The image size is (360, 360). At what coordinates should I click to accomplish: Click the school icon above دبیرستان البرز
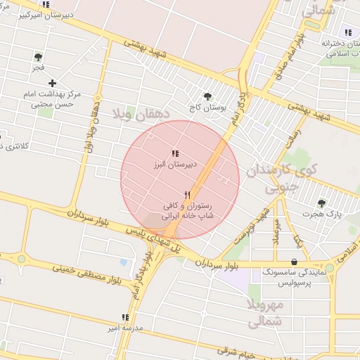click(x=174, y=153)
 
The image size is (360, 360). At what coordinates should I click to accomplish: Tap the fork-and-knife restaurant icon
click(x=187, y=195)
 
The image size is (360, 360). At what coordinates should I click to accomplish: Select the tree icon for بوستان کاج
click(x=207, y=96)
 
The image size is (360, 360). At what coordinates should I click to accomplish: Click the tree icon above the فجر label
click(x=37, y=57)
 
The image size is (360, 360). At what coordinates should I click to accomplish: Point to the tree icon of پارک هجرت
click(x=321, y=203)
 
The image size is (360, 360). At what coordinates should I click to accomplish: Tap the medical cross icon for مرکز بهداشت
click(x=53, y=83)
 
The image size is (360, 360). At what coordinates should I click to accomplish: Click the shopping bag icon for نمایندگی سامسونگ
click(x=294, y=262)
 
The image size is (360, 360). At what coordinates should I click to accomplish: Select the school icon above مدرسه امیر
click(x=124, y=318)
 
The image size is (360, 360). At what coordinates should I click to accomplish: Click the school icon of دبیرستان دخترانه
click(x=347, y=32)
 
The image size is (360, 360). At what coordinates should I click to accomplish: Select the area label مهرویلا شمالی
click(x=265, y=313)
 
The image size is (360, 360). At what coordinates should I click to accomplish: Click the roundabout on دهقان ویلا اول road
click(x=98, y=98)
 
